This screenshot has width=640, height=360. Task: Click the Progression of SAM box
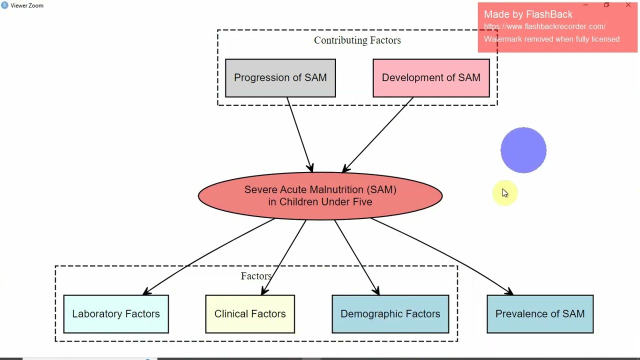click(x=280, y=78)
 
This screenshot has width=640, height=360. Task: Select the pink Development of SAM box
click(x=431, y=78)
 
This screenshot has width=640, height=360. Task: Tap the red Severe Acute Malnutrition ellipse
click(x=320, y=195)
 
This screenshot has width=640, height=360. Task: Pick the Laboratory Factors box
click(x=116, y=314)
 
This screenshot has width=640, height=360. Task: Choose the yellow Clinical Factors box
click(x=250, y=314)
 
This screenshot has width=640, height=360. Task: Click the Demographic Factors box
click(x=390, y=314)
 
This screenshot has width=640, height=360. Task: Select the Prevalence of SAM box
click(x=540, y=314)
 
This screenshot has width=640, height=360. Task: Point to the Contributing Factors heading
click(x=357, y=40)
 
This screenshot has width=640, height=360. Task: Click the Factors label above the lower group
click(x=256, y=276)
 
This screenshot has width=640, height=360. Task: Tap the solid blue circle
click(x=523, y=150)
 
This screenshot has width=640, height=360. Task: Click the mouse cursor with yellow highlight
click(x=504, y=193)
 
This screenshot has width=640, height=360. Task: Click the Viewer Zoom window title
click(x=27, y=5)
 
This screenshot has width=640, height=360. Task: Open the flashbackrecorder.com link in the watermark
click(x=544, y=26)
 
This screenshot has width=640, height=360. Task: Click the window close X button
click(x=628, y=5)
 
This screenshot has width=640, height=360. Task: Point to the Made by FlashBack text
click(x=528, y=14)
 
